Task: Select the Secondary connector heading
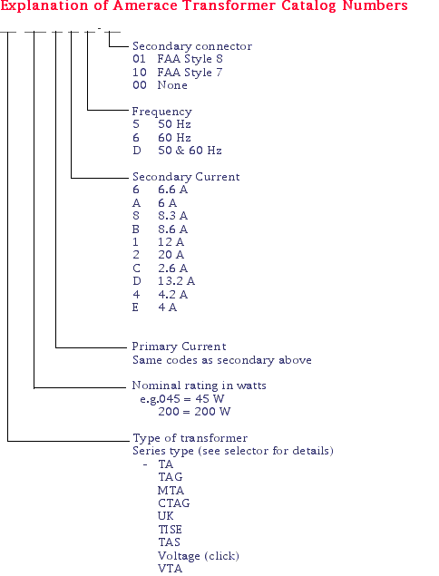(192, 46)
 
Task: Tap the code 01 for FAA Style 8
(140, 59)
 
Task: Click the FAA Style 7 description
(190, 73)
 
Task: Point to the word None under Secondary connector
(172, 85)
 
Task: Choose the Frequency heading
(162, 112)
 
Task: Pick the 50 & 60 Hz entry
(190, 151)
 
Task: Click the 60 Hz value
(174, 138)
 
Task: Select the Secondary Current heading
(186, 177)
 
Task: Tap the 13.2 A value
(176, 281)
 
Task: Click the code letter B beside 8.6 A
(136, 229)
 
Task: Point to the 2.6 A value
(172, 268)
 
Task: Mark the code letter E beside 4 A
(135, 308)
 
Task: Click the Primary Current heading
(179, 347)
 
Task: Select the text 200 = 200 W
(194, 412)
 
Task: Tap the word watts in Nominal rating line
(251, 386)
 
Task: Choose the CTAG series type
(174, 503)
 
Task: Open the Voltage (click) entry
(199, 556)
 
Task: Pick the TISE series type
(170, 530)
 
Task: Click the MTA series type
(171, 491)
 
